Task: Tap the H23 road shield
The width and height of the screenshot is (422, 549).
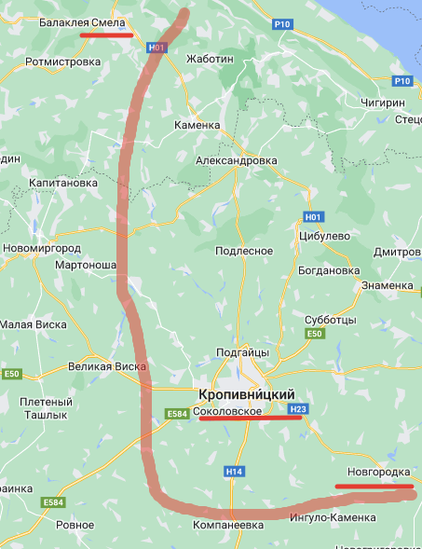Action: coord(298,409)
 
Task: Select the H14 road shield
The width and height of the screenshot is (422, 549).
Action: coord(233,472)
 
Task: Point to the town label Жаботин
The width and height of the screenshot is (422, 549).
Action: coord(210,58)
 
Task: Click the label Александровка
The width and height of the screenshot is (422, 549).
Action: coord(236,160)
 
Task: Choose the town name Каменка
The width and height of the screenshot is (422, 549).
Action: coord(197,124)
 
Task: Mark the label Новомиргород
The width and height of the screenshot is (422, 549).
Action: coord(42,249)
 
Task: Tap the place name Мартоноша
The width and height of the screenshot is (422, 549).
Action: coord(86,266)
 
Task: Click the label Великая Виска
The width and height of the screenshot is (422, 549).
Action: coord(107,366)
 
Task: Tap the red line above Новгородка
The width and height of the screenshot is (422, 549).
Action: coord(374,486)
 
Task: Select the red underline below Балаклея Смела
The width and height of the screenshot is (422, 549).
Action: coord(106,35)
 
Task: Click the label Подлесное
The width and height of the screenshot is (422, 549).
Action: coord(244,251)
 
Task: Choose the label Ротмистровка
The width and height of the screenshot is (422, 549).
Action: coord(62,62)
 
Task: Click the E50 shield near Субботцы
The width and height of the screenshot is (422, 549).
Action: coord(315,334)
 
